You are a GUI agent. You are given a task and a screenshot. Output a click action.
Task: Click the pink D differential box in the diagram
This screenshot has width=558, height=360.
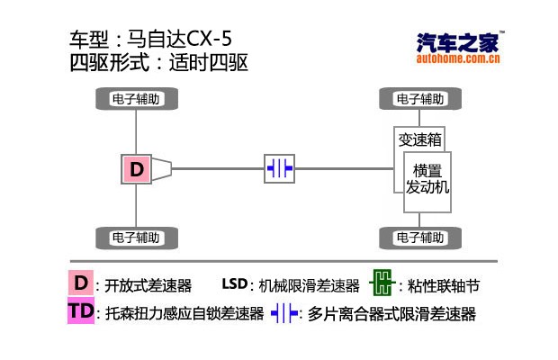136,168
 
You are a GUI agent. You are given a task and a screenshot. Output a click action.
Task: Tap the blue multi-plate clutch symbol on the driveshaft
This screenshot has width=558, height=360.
280,168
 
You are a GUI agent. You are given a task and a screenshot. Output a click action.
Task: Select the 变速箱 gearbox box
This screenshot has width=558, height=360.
418,139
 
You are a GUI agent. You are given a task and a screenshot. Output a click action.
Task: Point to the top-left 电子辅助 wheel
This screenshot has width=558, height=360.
136,98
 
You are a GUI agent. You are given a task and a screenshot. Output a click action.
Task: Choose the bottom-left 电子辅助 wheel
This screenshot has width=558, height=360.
136,238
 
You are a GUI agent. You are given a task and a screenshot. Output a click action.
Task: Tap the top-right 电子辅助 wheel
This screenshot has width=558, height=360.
419,98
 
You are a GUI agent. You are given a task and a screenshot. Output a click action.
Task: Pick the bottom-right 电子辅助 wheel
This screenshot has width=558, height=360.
419,238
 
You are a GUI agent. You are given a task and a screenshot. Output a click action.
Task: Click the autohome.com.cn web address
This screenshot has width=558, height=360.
457,60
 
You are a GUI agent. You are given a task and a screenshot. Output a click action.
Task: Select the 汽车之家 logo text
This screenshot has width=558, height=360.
457,42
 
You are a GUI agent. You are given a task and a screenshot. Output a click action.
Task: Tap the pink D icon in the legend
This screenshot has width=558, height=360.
80,283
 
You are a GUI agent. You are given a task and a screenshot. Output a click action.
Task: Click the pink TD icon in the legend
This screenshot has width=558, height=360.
80,312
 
